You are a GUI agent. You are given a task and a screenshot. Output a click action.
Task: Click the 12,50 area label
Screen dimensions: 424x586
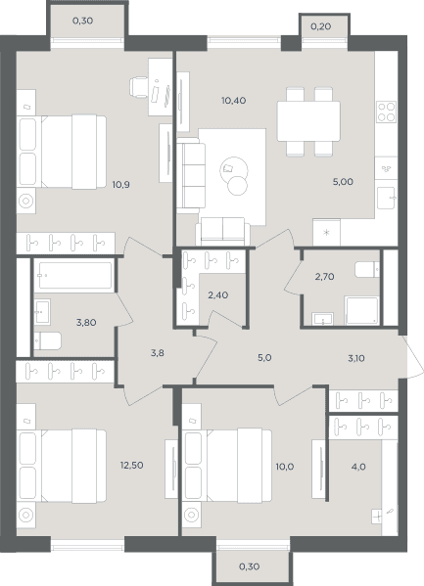tap(132, 466)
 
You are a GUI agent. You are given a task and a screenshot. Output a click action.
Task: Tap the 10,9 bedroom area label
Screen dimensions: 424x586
tap(120, 184)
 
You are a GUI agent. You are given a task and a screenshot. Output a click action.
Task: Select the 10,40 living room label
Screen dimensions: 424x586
tap(233, 101)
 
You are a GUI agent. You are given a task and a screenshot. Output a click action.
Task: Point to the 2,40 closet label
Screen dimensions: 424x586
tap(217, 294)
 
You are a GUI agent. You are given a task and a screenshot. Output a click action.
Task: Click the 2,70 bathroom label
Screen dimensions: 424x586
tap(324, 277)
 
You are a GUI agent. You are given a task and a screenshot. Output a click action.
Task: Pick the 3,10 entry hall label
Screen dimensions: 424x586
tap(356, 358)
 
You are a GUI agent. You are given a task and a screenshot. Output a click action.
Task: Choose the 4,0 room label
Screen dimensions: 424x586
tap(358, 467)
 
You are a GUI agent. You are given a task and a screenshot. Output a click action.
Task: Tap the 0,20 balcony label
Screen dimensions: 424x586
tap(321, 27)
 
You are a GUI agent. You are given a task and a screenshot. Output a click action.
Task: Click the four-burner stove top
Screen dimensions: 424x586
tap(387, 112)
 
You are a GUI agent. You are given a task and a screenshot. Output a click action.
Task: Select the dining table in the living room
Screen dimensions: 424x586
tap(308, 121)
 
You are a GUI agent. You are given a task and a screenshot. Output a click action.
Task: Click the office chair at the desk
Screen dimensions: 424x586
tap(139, 87)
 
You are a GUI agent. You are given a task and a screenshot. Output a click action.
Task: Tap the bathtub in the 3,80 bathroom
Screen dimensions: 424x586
tap(75, 276)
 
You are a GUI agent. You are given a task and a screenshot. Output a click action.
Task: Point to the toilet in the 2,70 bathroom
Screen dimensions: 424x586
tap(367, 270)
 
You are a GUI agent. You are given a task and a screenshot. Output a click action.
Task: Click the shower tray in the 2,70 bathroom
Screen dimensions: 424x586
tap(361, 310)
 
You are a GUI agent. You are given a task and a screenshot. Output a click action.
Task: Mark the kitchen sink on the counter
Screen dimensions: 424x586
tap(386, 198)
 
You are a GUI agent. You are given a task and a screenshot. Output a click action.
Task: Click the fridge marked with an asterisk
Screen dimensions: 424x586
tap(327, 233)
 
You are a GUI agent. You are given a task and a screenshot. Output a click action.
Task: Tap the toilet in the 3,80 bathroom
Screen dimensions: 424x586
tap(47, 340)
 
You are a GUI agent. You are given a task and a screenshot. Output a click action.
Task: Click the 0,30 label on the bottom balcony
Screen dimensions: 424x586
tap(250, 566)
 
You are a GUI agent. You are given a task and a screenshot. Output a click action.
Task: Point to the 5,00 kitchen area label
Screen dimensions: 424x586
tap(343, 182)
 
